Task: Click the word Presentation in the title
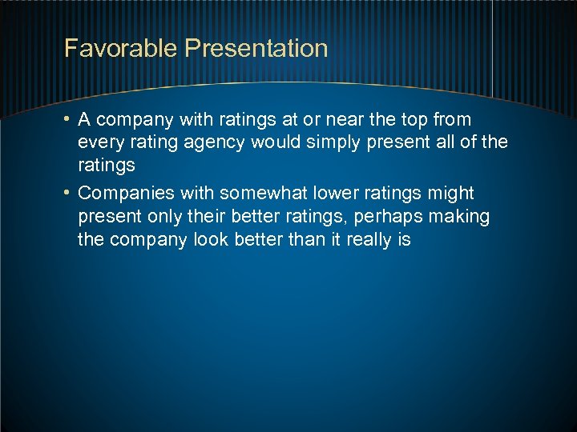coord(256,48)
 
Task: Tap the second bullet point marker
coord(69,194)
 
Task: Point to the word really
coord(366,240)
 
